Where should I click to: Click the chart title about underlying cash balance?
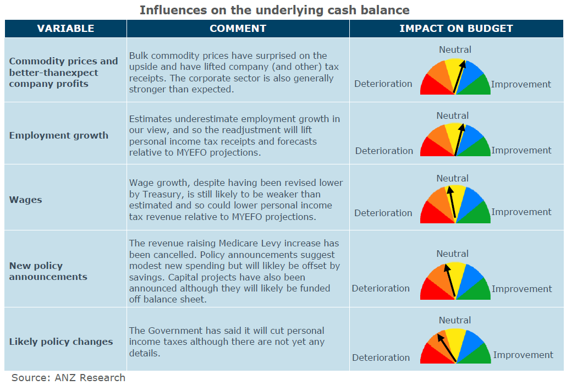coord(274,10)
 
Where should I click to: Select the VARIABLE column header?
coord(65,29)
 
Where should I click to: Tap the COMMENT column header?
coord(238,29)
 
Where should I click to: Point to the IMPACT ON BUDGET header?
coord(456,29)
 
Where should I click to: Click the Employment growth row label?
coord(59,135)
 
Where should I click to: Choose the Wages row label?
coord(25,200)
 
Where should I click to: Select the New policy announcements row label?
coord(48,271)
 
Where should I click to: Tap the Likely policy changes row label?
coord(61,342)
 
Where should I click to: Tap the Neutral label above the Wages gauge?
coord(452,178)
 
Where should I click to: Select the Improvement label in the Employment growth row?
coord(521,150)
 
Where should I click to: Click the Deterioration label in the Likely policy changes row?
coord(381,358)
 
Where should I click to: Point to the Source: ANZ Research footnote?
coord(68,377)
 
